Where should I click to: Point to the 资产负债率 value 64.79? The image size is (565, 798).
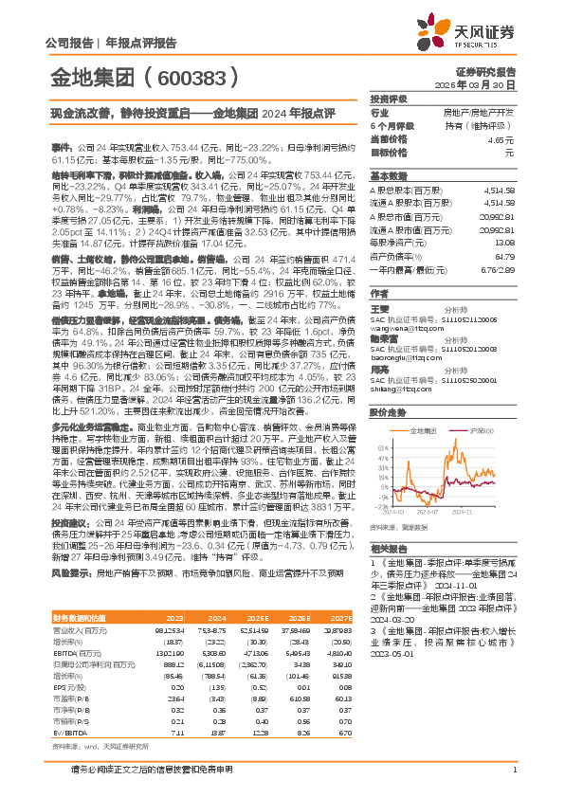[503, 255]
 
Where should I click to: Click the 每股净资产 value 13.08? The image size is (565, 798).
[503, 241]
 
